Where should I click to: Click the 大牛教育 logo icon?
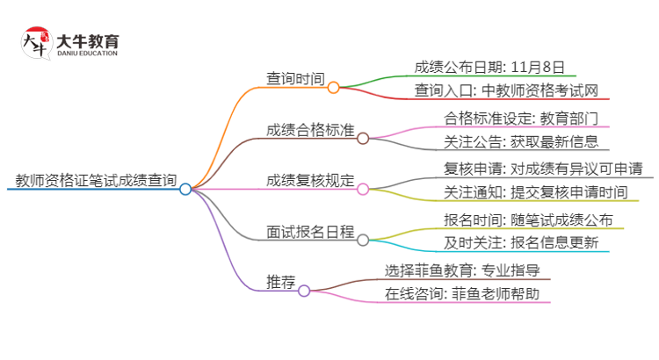[33, 42]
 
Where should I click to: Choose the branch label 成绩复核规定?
[310, 181]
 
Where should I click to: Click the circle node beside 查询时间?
[333, 88]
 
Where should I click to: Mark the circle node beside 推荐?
[304, 291]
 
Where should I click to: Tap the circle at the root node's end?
[185, 189]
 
